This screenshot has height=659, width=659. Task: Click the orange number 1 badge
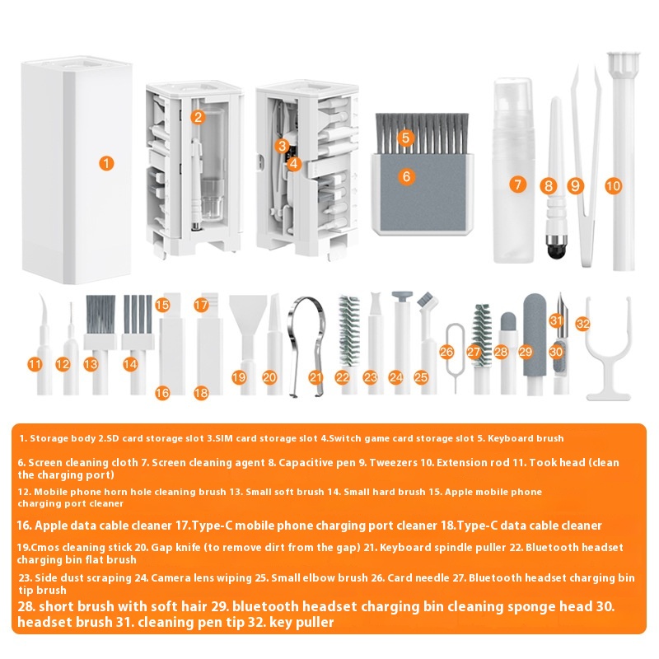point(106,163)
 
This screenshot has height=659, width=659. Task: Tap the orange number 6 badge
point(406,176)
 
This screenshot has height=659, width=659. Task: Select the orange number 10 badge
point(613,185)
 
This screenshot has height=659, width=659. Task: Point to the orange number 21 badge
point(315,377)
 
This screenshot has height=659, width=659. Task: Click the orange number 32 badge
point(583,323)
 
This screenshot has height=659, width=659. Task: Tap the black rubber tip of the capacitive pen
point(557,249)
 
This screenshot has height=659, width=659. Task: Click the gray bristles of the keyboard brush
point(422,133)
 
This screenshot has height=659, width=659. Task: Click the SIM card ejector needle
point(456,358)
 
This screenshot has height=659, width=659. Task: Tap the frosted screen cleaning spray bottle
point(513,171)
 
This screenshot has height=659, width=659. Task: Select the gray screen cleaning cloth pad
point(423,193)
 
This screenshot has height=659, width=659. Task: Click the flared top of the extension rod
point(624,63)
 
